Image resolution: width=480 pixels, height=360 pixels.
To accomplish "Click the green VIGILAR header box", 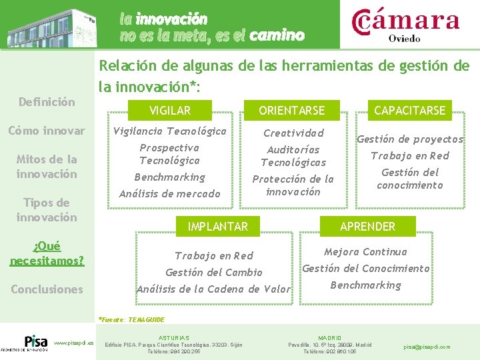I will point(170,110).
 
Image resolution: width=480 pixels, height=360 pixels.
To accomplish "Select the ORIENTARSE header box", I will point(292,110).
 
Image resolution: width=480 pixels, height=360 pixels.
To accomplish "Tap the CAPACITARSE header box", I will point(409,110).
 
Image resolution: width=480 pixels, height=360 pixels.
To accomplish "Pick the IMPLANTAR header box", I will point(217,227).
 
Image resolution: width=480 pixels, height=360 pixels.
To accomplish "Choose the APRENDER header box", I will point(367,227).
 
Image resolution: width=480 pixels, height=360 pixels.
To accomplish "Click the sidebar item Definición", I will point(47,102).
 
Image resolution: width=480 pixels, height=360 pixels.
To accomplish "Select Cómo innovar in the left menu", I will point(47,131).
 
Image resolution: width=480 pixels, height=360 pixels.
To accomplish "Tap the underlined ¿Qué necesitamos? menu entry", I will point(47,253).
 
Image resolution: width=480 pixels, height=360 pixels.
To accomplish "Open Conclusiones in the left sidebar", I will point(47,289).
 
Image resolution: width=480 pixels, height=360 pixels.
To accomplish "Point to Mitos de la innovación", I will point(47,167).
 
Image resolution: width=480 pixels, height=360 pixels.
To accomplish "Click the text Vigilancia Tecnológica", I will point(170,131).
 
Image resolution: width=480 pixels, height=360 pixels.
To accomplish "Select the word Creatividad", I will point(293,133).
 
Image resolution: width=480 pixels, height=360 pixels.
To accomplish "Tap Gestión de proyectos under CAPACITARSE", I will point(409,139).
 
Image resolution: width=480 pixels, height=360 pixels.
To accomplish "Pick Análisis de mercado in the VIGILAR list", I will point(169,194).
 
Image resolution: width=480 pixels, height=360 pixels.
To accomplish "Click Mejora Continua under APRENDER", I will point(365,252).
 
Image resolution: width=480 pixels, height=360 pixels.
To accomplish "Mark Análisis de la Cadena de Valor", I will point(213,289).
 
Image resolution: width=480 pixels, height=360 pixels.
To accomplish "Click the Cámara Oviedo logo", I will point(405,24).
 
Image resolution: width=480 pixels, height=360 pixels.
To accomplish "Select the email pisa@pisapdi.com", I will point(427,347).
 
